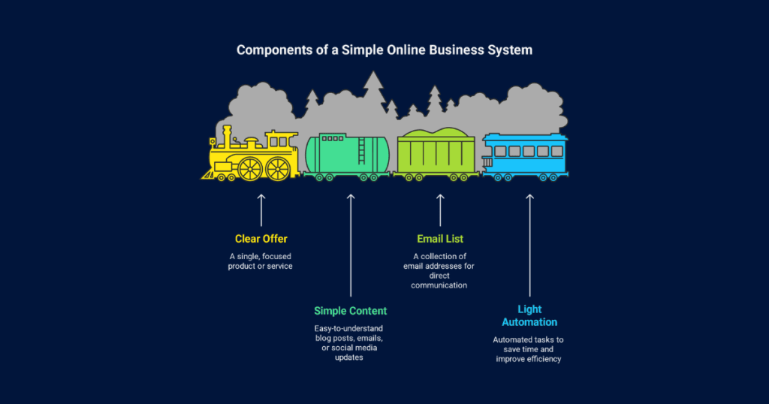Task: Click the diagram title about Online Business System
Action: (x=384, y=50)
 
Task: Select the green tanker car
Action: (x=346, y=155)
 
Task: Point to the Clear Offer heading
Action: (x=261, y=239)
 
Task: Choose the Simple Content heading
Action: (x=351, y=311)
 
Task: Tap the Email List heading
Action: (x=440, y=239)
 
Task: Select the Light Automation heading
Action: (x=529, y=315)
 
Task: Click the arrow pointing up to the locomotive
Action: (x=261, y=210)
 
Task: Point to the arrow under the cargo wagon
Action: (x=441, y=210)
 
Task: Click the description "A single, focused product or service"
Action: (x=261, y=261)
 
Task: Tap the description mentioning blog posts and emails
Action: (x=351, y=343)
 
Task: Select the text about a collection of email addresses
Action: (x=440, y=270)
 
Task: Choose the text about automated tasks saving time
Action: (x=529, y=349)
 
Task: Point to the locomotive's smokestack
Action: (x=227, y=135)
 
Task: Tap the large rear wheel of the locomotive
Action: (x=278, y=168)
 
